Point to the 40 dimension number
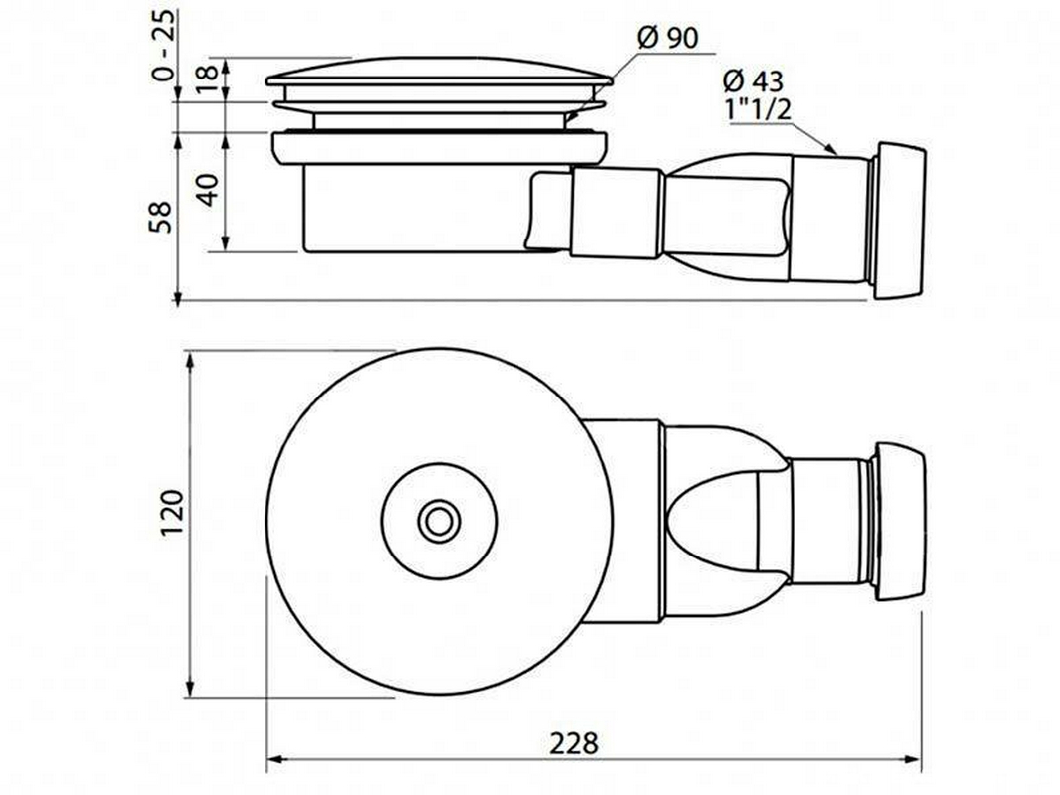click(208, 190)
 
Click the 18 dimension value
click(208, 73)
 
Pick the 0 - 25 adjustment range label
click(162, 46)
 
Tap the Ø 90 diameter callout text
click(668, 39)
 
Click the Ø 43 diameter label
click(753, 81)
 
